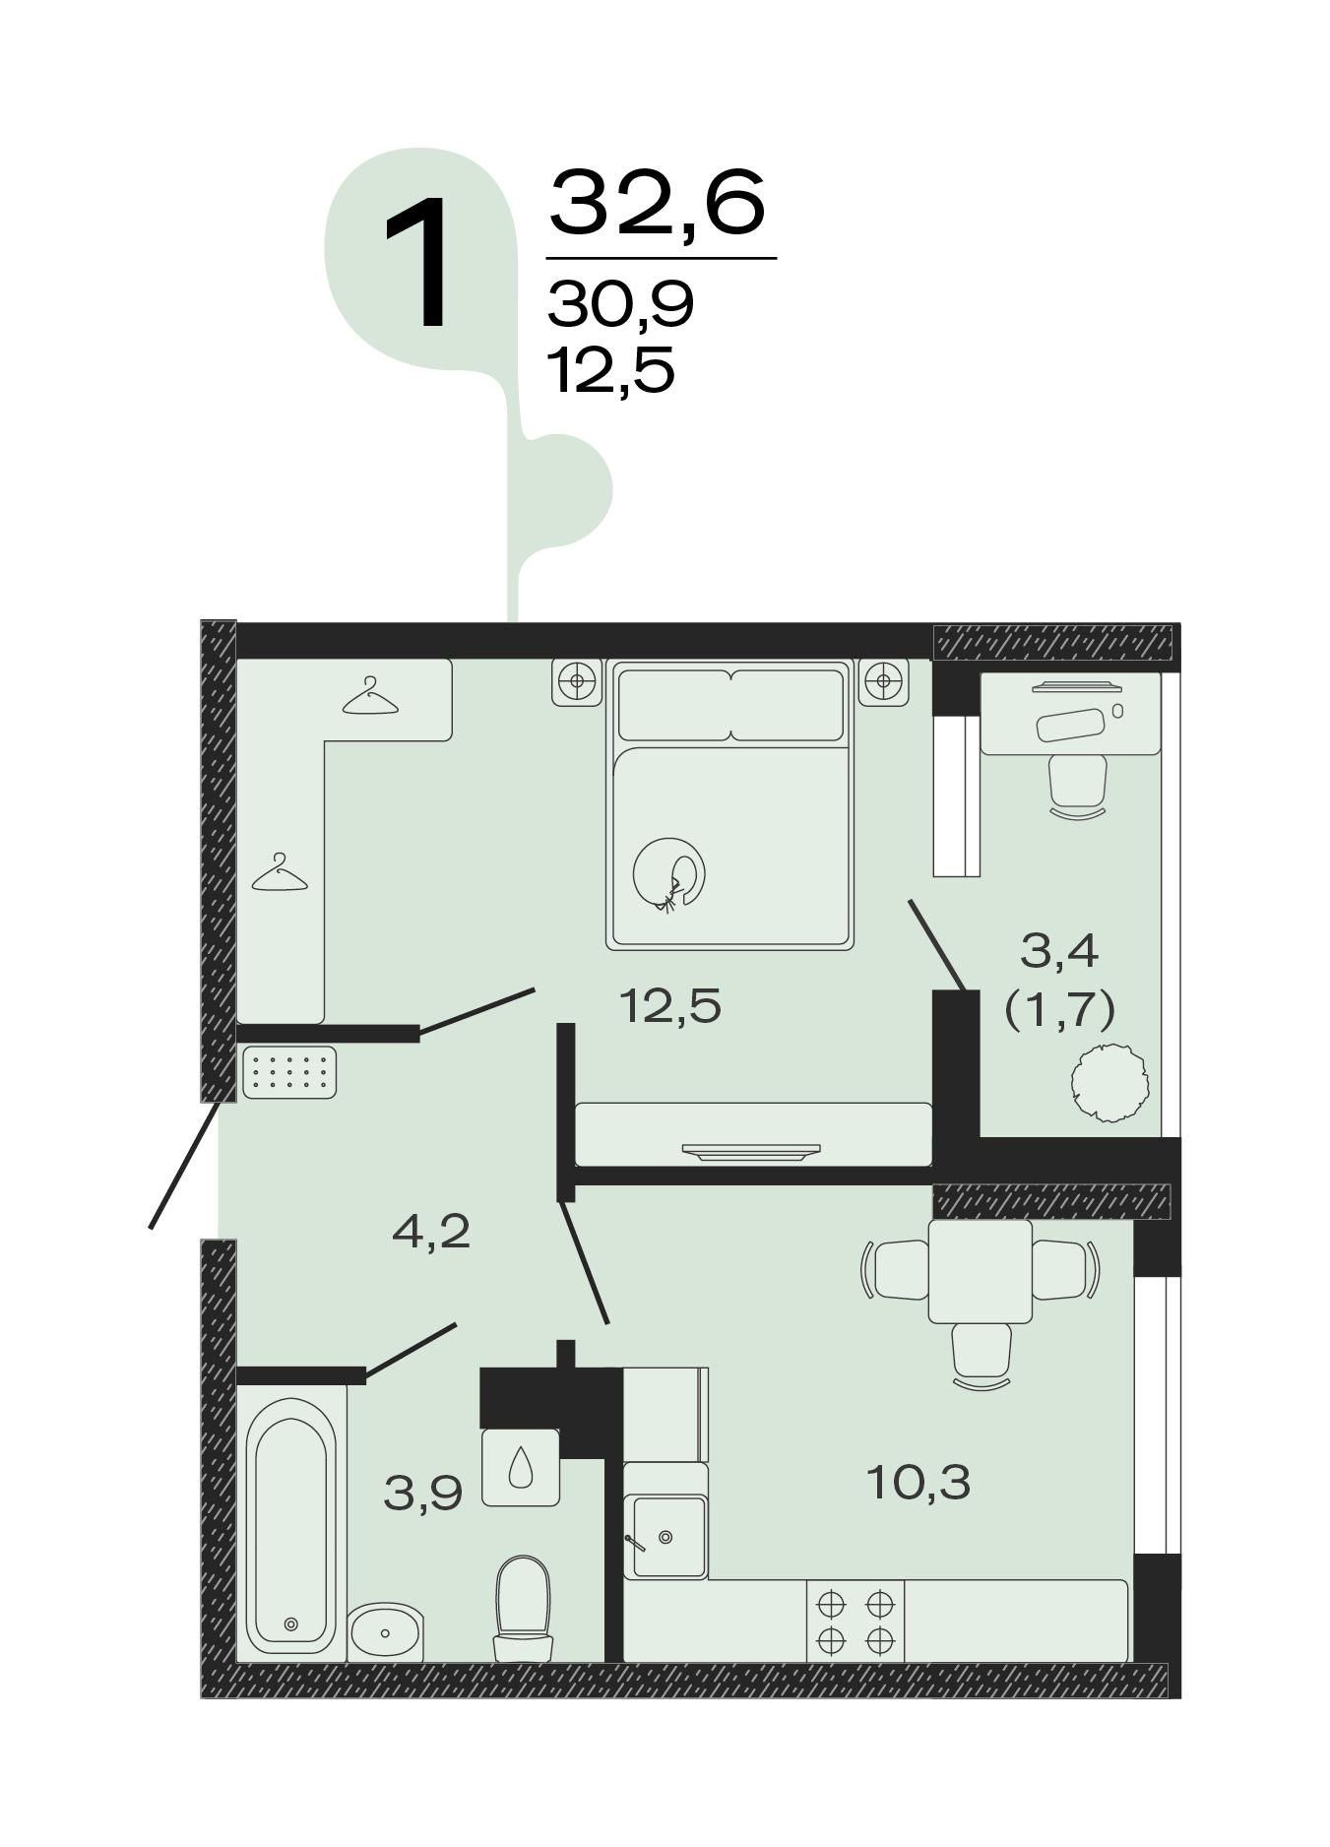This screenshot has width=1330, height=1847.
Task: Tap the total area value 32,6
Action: pos(657,203)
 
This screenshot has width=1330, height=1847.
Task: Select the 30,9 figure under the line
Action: pos(621,303)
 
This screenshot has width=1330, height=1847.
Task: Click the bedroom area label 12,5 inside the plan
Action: pos(670,1005)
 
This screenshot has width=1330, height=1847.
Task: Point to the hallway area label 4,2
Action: pos(431,1231)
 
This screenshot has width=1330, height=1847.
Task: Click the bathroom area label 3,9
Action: pos(423,1494)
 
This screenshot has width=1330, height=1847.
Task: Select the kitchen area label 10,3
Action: pos(918,1482)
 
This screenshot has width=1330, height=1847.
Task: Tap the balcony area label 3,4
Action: pos(1060,951)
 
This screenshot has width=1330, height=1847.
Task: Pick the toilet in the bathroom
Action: pos(523,1608)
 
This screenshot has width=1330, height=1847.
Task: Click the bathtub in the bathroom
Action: pos(290,1525)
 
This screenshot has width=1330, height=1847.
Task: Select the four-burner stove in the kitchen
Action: pos(855,1621)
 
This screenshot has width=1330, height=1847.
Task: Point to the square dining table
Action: pos(981,1272)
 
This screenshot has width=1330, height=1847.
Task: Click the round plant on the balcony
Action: pos(1110,1084)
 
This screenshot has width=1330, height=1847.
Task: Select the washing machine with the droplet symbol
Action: pos(521,1467)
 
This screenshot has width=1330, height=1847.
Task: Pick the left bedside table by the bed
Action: pos(576,681)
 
